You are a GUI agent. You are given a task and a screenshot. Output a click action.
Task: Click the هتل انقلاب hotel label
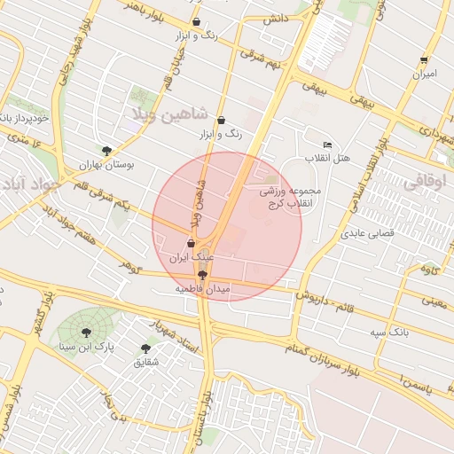(328, 158)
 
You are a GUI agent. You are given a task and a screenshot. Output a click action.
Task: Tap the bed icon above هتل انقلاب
(328, 145)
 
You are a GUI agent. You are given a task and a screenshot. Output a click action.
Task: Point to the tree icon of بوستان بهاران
(106, 151)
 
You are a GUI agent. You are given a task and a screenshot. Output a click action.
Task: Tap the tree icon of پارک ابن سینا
(86, 333)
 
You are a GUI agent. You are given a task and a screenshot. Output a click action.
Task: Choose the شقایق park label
(145, 362)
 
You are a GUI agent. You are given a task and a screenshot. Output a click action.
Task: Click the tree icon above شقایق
(145, 348)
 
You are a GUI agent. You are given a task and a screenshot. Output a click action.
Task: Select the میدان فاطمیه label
(202, 289)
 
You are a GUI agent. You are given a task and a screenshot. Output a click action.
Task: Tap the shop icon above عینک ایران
(192, 243)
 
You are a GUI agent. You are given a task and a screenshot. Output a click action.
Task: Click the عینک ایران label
(192, 257)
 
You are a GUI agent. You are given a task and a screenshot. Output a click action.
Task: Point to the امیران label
(424, 74)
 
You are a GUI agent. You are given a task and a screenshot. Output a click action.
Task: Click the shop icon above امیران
(424, 60)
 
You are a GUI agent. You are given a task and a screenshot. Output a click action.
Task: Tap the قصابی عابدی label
(367, 234)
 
